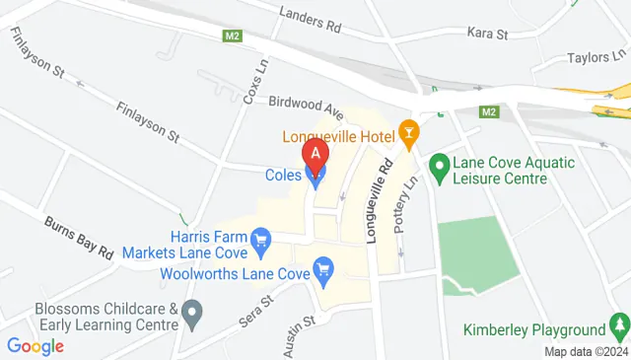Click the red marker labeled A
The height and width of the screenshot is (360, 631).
[315, 154]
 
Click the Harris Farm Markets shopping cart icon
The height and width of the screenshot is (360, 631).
[261, 239]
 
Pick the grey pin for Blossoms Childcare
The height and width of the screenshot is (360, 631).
[193, 316]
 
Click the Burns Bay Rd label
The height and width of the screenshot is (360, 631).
[79, 237]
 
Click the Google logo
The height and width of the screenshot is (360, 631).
[35, 346]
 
